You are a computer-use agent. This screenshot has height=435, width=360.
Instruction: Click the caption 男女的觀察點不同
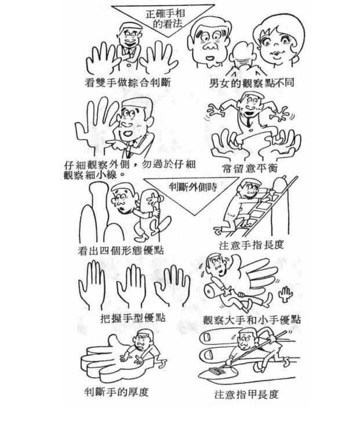(x=252, y=83)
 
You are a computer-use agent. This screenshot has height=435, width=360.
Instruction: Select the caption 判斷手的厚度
(x=116, y=391)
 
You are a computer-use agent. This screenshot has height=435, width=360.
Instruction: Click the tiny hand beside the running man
(x=285, y=293)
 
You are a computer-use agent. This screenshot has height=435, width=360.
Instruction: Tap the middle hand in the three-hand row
(x=131, y=285)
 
